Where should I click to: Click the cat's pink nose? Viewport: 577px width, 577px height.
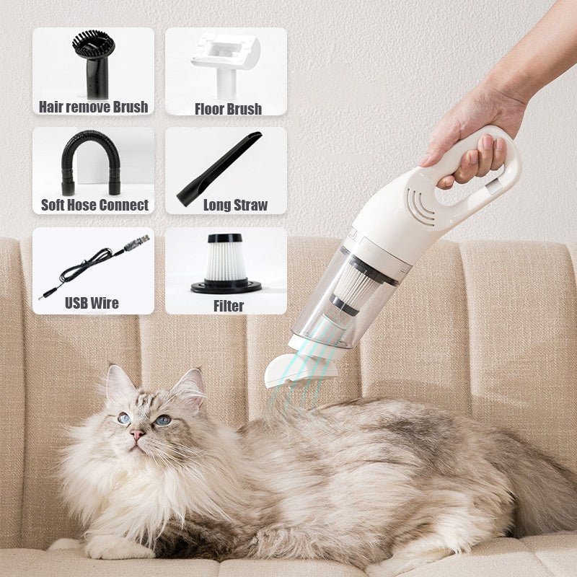coord(137,435)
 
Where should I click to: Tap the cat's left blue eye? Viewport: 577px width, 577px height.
coord(124,418)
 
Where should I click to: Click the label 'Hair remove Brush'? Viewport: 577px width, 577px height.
coord(94,107)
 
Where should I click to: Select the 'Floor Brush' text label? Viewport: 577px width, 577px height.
coord(228,109)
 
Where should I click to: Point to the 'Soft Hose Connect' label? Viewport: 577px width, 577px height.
coord(94,205)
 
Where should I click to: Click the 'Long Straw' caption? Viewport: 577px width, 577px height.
coord(235,205)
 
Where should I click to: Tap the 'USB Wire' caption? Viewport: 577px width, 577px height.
coord(92,302)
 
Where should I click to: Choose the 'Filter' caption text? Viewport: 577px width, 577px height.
coord(229,306)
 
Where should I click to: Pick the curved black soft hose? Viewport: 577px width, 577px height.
coord(89,159)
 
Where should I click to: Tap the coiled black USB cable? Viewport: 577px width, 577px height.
coord(94,263)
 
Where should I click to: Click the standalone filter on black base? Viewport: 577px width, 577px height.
coord(226,263)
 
